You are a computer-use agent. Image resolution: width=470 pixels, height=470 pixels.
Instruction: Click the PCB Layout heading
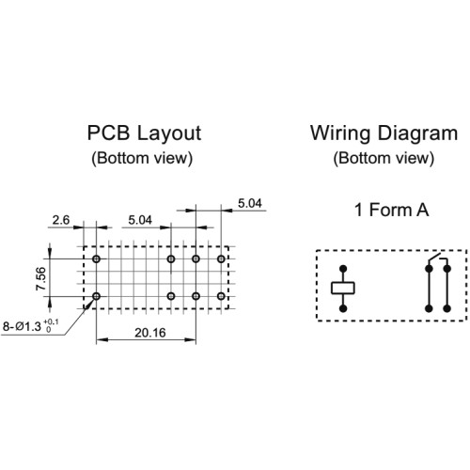pos(144,133)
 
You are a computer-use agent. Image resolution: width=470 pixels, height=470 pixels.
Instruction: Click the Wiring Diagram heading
pos(384,133)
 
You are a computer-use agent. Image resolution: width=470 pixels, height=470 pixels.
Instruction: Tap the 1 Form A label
pos(391,210)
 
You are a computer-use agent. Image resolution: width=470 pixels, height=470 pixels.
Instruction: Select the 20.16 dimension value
pos(150,333)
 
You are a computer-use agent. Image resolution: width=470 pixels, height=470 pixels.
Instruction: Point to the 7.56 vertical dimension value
pos(41,278)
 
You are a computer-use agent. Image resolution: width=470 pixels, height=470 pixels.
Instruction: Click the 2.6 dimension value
pos(61,220)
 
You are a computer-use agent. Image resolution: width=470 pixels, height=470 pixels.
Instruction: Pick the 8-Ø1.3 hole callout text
pos(30,326)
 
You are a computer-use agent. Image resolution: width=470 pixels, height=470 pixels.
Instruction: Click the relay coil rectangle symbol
pos(343,288)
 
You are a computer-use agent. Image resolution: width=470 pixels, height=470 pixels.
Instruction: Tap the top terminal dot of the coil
pos(343,269)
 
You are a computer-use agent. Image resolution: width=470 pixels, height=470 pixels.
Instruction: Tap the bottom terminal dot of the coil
pos(343,308)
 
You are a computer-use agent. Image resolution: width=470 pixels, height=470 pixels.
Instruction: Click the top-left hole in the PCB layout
pos(96,258)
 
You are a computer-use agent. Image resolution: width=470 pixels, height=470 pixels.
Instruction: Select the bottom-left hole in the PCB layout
pos(96,296)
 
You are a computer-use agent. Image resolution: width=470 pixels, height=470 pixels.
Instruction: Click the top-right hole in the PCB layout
pos(221,258)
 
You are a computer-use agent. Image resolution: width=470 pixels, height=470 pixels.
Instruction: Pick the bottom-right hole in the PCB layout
pos(221,296)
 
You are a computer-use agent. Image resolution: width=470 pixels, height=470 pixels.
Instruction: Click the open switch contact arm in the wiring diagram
pos(434,257)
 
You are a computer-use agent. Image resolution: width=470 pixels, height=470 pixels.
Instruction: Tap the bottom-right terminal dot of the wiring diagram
pos(447,308)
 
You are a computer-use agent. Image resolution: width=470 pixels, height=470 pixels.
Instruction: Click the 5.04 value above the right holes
pos(250,203)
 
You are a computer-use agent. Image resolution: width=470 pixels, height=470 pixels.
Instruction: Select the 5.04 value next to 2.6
pos(140,220)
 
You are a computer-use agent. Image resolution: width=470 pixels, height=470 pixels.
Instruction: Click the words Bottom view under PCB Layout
pos(142,158)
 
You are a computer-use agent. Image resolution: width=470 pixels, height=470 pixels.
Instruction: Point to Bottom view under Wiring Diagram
pos(384,158)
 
